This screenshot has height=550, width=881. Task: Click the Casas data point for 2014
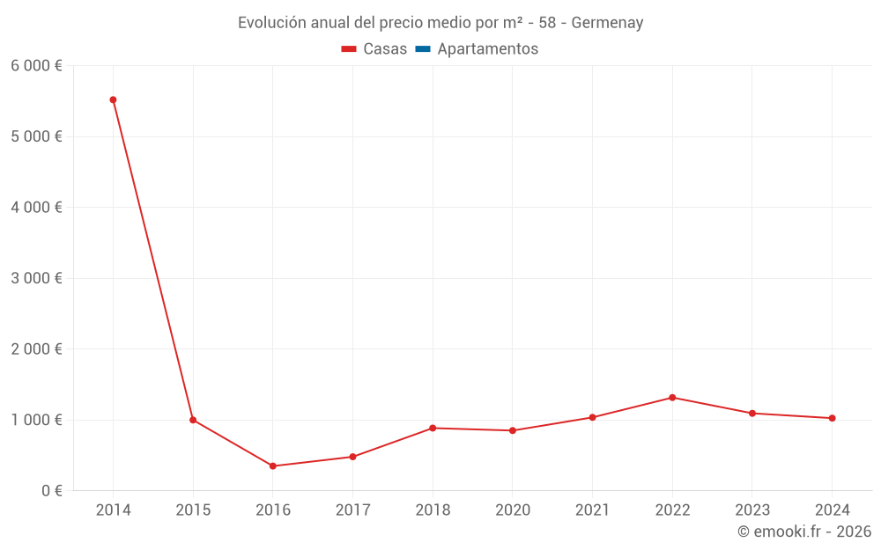pyautogui.click(x=113, y=99)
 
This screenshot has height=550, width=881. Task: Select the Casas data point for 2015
pyautogui.click(x=193, y=420)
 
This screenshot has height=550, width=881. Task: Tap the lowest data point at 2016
pyautogui.click(x=273, y=466)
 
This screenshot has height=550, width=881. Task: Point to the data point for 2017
pyautogui.click(x=352, y=457)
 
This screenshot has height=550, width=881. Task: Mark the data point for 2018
pyautogui.click(x=433, y=428)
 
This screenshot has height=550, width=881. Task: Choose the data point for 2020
pyautogui.click(x=512, y=430)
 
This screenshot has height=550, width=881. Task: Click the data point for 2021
pyautogui.click(x=592, y=417)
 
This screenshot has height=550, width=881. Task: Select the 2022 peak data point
pyautogui.click(x=672, y=398)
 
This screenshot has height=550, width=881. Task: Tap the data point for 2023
pyautogui.click(x=751, y=413)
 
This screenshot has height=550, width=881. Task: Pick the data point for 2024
pyautogui.click(x=832, y=418)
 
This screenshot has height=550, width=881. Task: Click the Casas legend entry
pyautogui.click(x=374, y=49)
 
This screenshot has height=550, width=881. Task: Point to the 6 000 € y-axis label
pyautogui.click(x=36, y=66)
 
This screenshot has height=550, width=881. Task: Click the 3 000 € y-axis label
pyautogui.click(x=36, y=278)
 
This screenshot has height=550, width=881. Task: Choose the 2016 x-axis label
pyautogui.click(x=273, y=510)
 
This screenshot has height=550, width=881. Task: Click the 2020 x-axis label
pyautogui.click(x=512, y=510)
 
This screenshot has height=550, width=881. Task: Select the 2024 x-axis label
pyautogui.click(x=832, y=510)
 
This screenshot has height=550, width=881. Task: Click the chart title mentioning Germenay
pyautogui.click(x=440, y=23)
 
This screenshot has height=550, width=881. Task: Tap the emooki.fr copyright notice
pyautogui.click(x=804, y=532)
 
